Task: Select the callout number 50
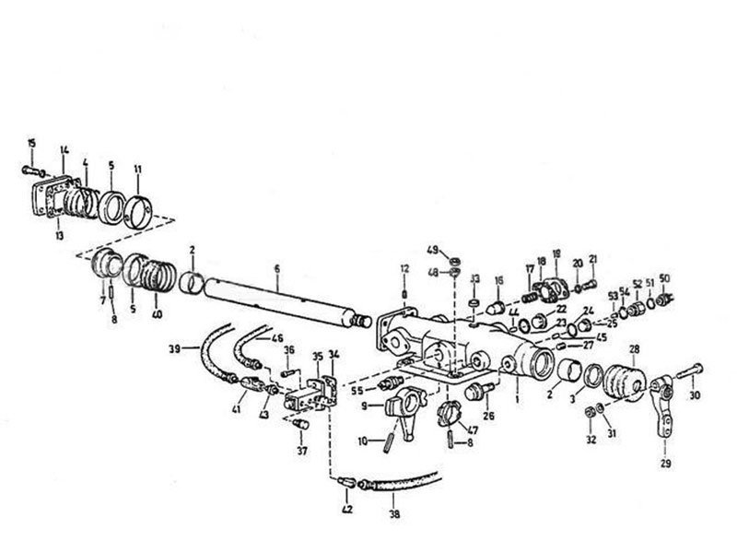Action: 665,277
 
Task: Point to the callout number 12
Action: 404,268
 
